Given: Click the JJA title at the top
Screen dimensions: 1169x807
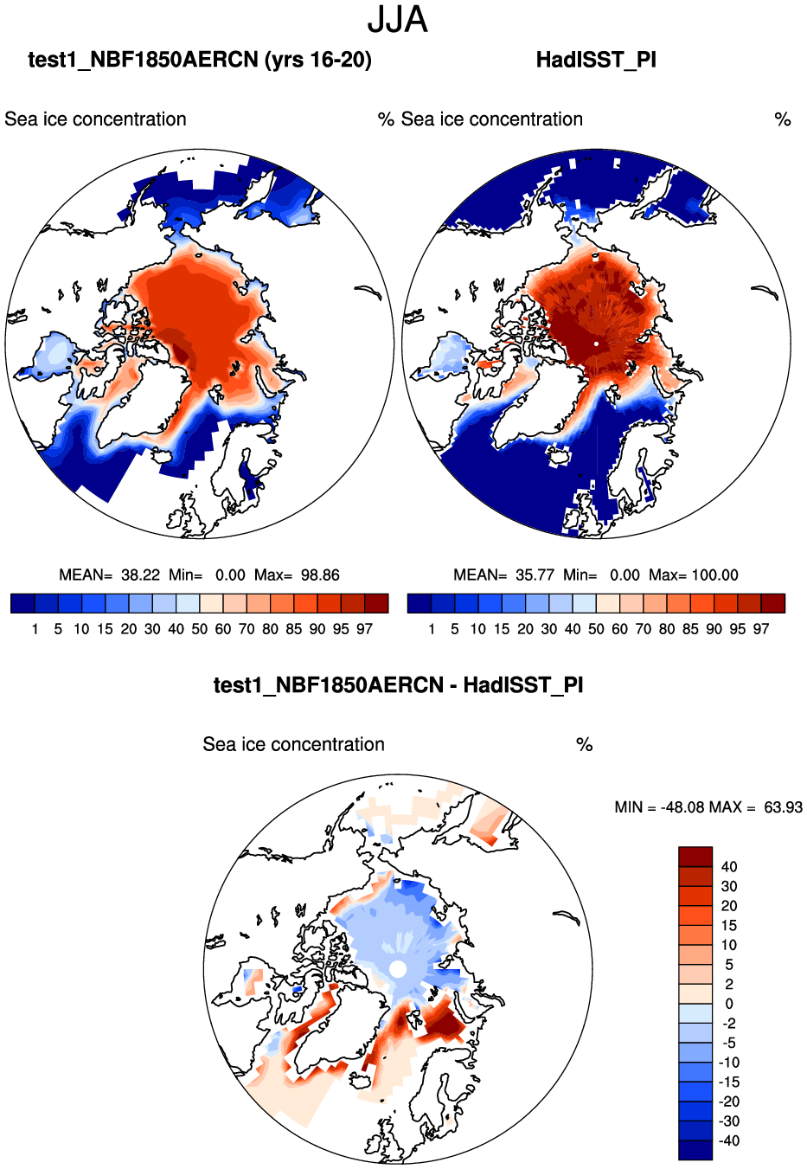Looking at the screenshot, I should pyautogui.click(x=398, y=20).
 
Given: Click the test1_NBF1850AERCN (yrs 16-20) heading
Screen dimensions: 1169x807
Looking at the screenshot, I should pyautogui.click(x=200, y=60).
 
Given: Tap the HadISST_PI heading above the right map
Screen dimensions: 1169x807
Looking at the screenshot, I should pyautogui.click(x=596, y=60).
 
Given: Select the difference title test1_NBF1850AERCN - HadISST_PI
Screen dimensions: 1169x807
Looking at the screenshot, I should pyautogui.click(x=398, y=685).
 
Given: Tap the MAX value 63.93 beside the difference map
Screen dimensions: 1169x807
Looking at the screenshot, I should pyautogui.click(x=783, y=807).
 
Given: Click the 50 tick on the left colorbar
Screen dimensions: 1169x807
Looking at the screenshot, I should pyautogui.click(x=200, y=629).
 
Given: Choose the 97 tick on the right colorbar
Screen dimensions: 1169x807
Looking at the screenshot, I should pyautogui.click(x=761, y=629).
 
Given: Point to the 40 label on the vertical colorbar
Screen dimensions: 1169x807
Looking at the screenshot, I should pyautogui.click(x=729, y=867).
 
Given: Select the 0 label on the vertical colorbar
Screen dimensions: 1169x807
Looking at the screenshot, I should pyautogui.click(x=729, y=1004).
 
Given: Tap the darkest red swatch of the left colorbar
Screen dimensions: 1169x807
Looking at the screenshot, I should pyautogui.click(x=377, y=603).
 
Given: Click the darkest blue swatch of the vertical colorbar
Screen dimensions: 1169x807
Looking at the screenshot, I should pyautogui.click(x=695, y=1150).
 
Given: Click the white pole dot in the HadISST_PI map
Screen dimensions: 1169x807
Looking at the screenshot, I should pyautogui.click(x=596, y=344).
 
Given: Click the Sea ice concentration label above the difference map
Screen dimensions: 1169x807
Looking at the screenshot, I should pyautogui.click(x=293, y=745).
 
